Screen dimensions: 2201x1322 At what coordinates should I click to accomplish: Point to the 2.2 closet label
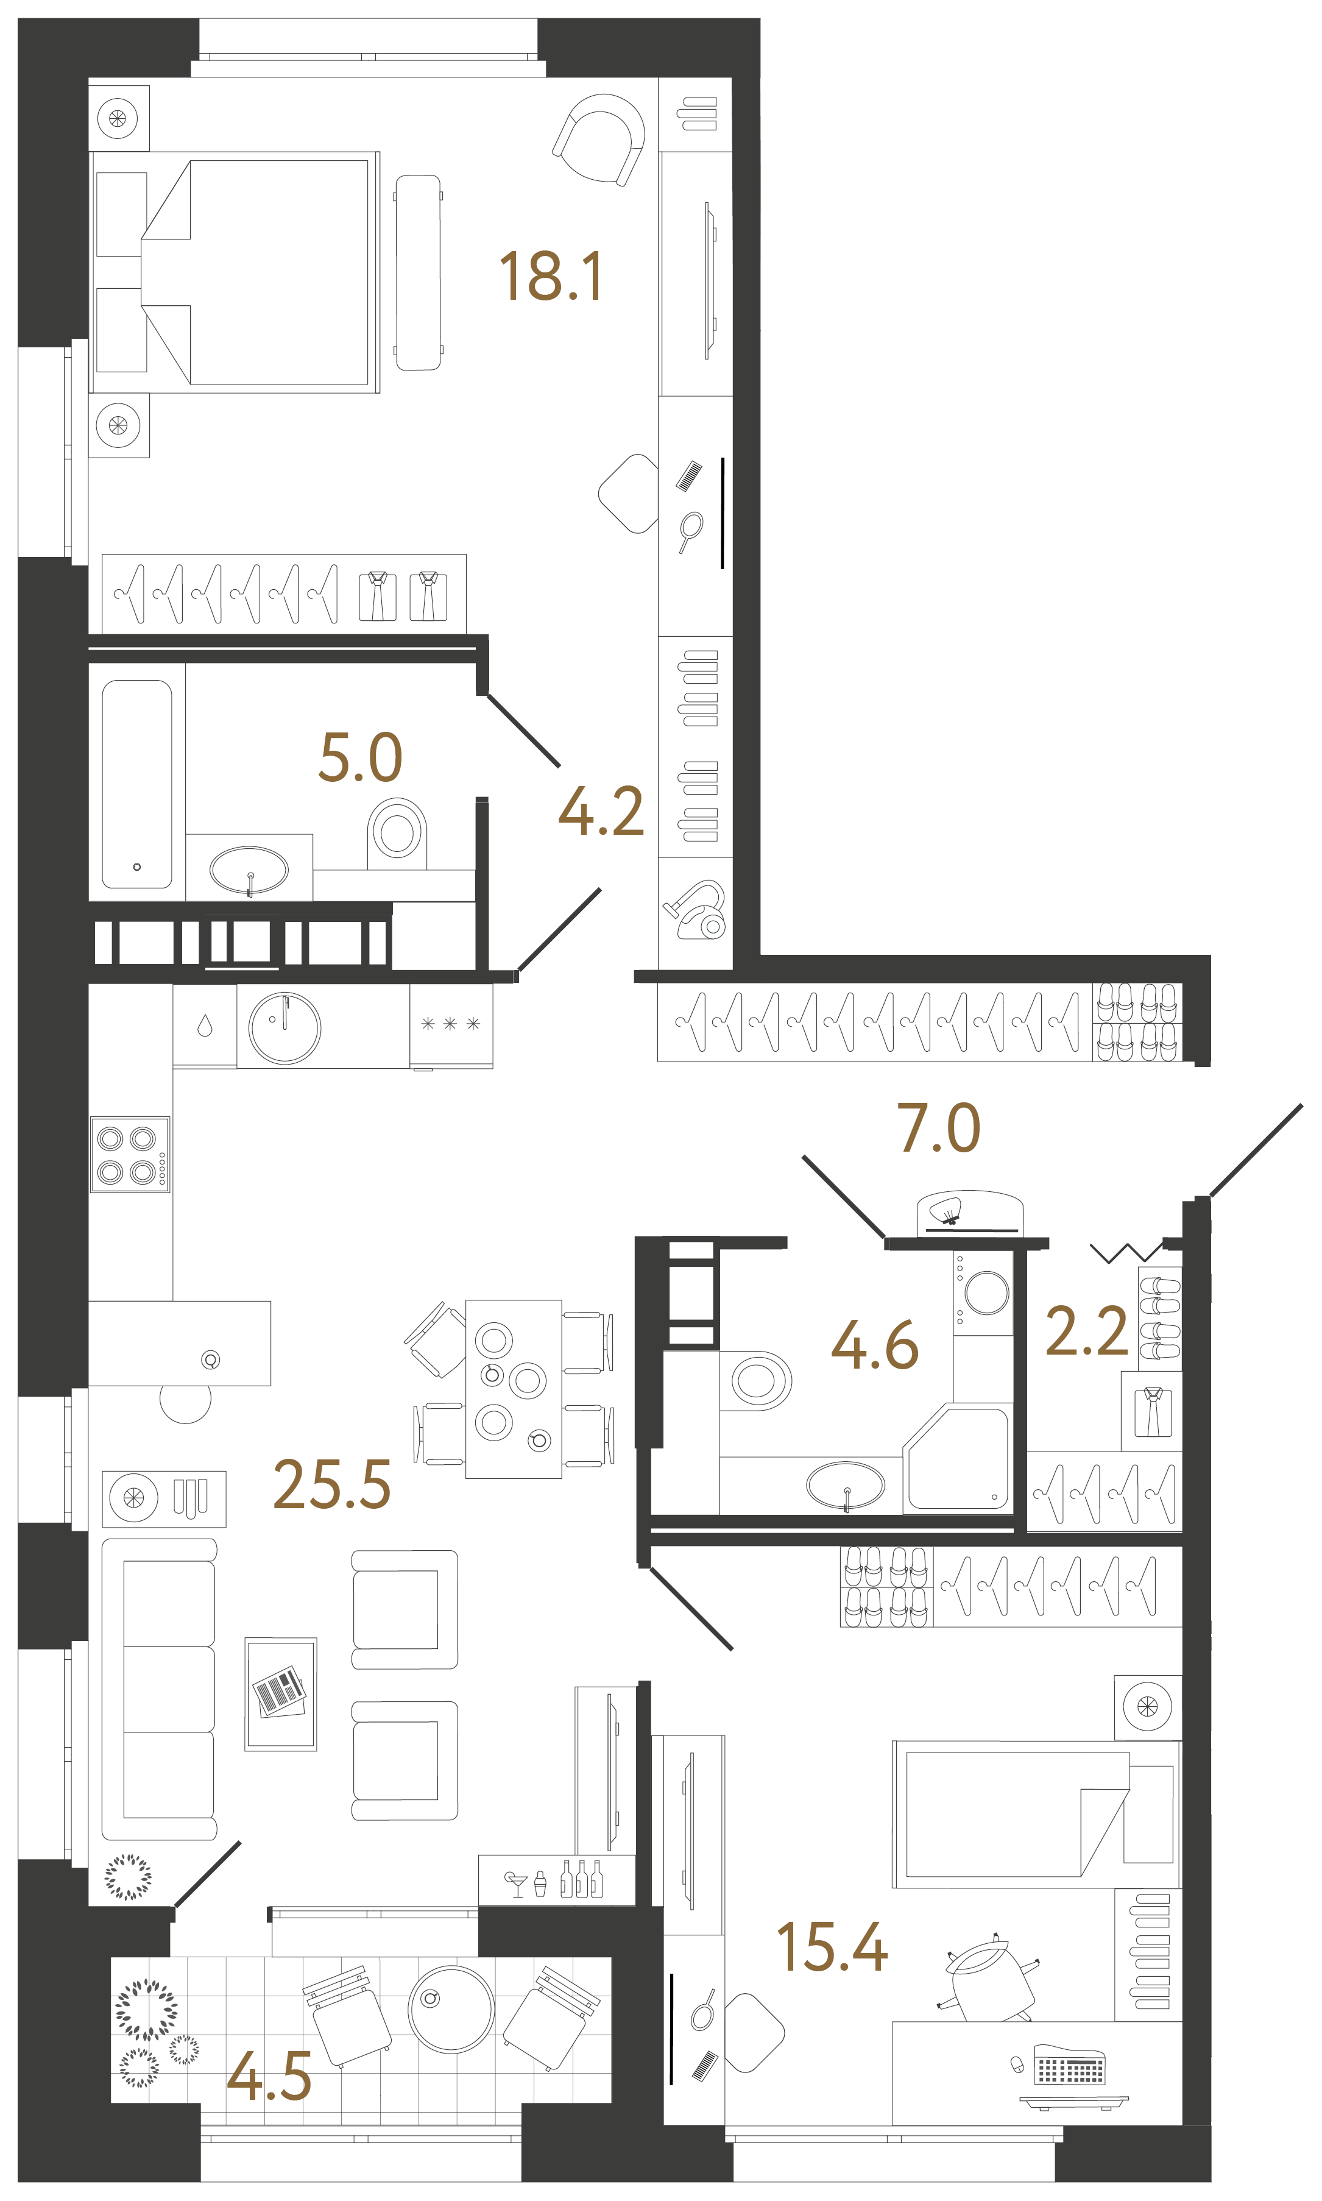(1086, 1331)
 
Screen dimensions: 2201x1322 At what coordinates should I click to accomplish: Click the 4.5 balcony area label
(269, 2075)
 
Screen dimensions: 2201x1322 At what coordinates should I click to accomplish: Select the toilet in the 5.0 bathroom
(397, 831)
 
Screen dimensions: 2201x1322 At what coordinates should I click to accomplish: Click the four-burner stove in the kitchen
(130, 1154)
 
